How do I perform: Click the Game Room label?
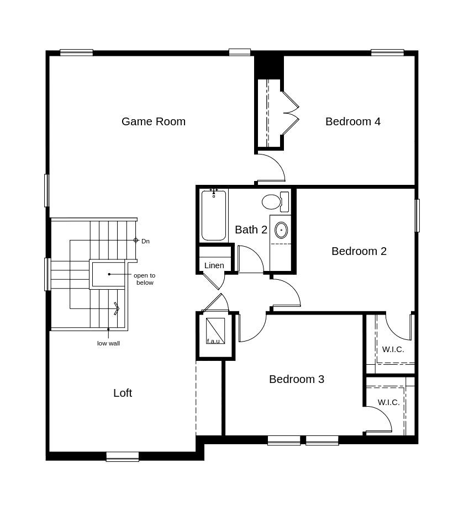click(154, 121)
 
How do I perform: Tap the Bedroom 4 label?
click(353, 121)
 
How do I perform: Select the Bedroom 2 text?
click(359, 251)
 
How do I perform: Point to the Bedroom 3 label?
click(297, 379)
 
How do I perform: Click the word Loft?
click(123, 393)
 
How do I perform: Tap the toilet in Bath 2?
click(276, 202)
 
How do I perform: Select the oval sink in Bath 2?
click(281, 230)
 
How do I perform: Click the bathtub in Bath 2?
click(214, 215)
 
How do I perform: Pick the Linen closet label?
click(214, 265)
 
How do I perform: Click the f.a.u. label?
click(213, 341)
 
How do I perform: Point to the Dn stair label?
click(145, 242)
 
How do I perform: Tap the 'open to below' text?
click(145, 279)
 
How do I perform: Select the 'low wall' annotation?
click(108, 343)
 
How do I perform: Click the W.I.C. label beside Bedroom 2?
click(393, 350)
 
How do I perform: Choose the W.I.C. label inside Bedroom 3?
click(388, 402)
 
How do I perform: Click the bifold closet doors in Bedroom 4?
click(291, 113)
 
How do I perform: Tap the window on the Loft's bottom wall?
click(123, 456)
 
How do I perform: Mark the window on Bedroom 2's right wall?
click(417, 215)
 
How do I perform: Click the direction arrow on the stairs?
click(117, 308)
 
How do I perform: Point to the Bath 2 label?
click(251, 230)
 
